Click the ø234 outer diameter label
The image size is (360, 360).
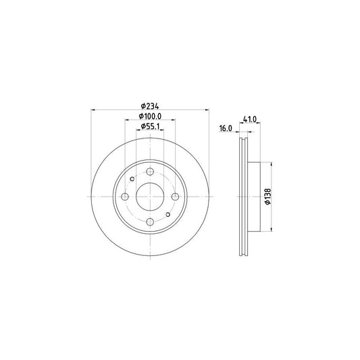(x=149, y=105)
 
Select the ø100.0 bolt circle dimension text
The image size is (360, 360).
(x=149, y=116)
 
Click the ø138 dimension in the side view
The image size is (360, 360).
(x=268, y=197)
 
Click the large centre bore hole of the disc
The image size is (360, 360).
(x=149, y=197)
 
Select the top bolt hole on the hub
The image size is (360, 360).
(x=149, y=171)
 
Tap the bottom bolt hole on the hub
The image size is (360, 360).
(x=149, y=222)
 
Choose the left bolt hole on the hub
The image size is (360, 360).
(x=124, y=197)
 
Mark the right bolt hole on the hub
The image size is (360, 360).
(x=175, y=197)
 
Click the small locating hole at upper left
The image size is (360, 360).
(x=132, y=179)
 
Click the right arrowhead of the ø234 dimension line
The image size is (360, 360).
(x=207, y=110)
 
